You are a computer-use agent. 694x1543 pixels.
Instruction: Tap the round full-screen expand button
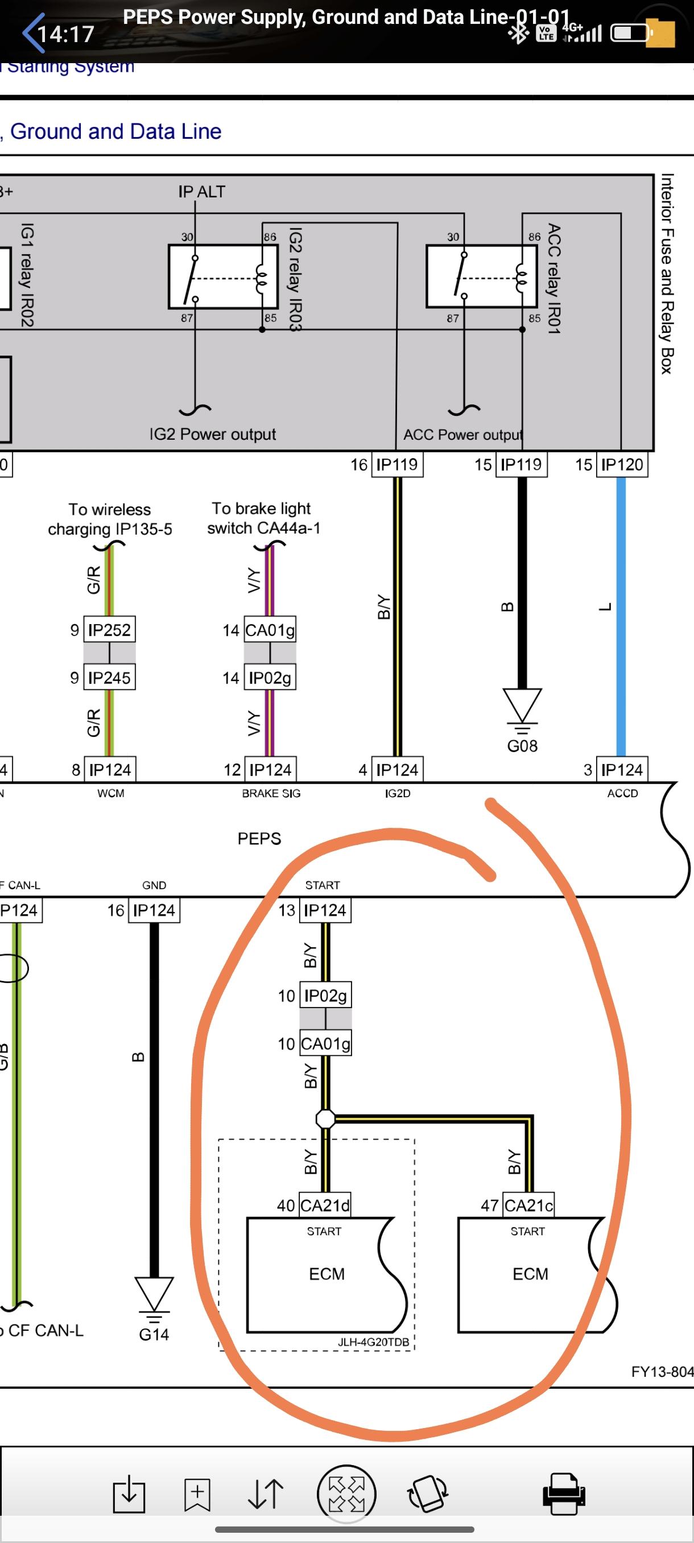[x=346, y=1494]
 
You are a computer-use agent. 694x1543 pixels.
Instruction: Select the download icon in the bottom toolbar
[x=129, y=1494]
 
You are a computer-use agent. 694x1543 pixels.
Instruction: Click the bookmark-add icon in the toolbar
[x=197, y=1494]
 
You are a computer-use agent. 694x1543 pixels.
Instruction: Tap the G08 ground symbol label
[x=522, y=746]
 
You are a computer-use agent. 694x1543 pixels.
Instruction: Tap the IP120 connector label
[x=622, y=464]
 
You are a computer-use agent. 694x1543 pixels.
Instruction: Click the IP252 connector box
[x=109, y=629]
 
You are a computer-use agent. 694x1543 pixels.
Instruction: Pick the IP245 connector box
[x=109, y=678]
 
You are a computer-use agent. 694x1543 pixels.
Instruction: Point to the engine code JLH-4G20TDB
[x=373, y=1342]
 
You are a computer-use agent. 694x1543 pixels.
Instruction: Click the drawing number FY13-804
[x=662, y=1372]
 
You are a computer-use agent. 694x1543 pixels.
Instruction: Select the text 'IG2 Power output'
[x=213, y=434]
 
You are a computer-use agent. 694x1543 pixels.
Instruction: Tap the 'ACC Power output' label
[x=463, y=434]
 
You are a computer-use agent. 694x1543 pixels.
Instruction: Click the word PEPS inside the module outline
[x=259, y=839]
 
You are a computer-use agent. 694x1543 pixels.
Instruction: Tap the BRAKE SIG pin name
[x=271, y=793]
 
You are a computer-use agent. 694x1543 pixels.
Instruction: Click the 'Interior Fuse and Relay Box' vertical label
[x=667, y=274]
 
